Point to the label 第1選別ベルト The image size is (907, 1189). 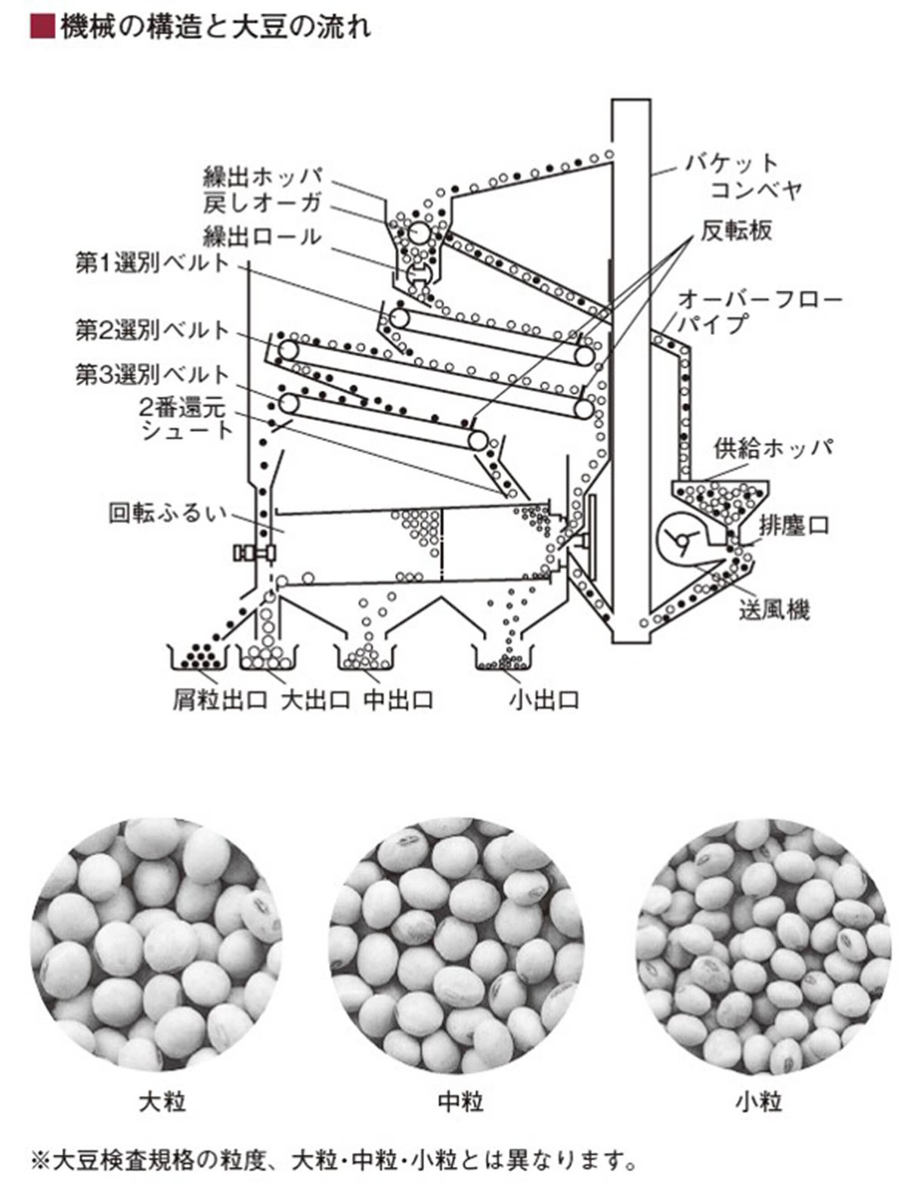click(x=152, y=264)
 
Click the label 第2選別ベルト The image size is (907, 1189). click(x=152, y=330)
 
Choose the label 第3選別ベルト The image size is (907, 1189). click(x=152, y=374)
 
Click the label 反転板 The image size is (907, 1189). click(x=736, y=231)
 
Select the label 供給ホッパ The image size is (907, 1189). click(x=773, y=448)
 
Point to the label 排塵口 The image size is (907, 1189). click(x=794, y=525)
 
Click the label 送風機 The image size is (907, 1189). click(x=774, y=610)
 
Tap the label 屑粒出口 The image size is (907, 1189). click(x=220, y=700)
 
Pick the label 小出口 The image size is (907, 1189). click(x=543, y=700)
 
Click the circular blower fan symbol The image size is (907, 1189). click(x=680, y=539)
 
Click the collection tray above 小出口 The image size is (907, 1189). click(x=503, y=657)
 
